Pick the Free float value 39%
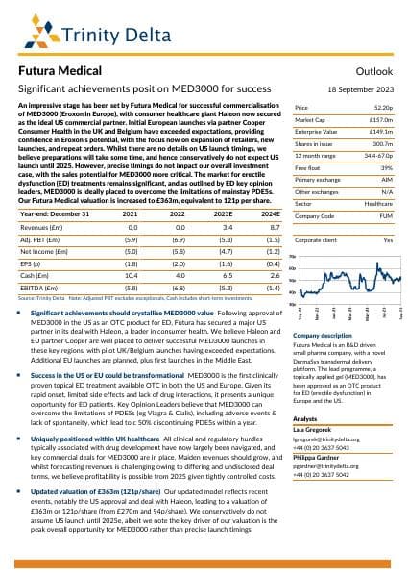(388, 193)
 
